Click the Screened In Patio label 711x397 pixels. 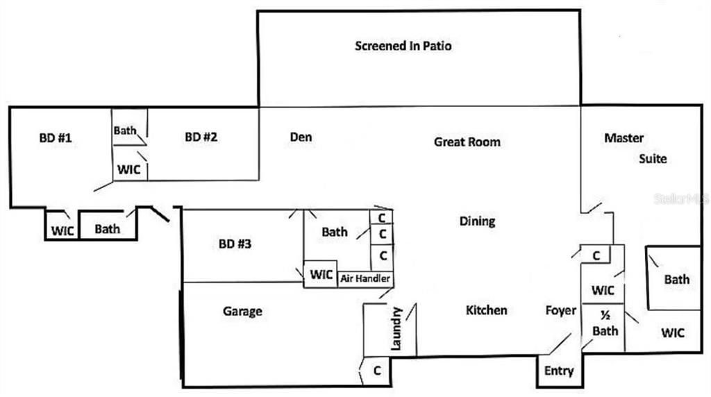pos(403,47)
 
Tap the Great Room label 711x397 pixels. pos(467,142)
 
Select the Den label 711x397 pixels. pos(301,137)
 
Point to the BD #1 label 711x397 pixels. pos(55,137)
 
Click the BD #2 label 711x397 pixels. pos(201,137)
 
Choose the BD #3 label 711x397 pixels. pos(235,244)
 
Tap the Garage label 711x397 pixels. pos(242,311)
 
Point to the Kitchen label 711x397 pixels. pos(486,310)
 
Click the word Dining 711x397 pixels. pos(477,221)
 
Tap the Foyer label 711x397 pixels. pos(560,310)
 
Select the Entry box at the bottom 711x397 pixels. pos(559,371)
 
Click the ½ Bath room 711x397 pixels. pos(605,323)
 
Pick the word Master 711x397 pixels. pos(624,137)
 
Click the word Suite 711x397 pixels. pos(653,158)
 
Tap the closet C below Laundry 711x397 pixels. pos(377,371)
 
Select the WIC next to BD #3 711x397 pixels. pos(321,274)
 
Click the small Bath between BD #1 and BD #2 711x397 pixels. pos(126,130)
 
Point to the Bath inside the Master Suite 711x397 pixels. pos(677,279)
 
